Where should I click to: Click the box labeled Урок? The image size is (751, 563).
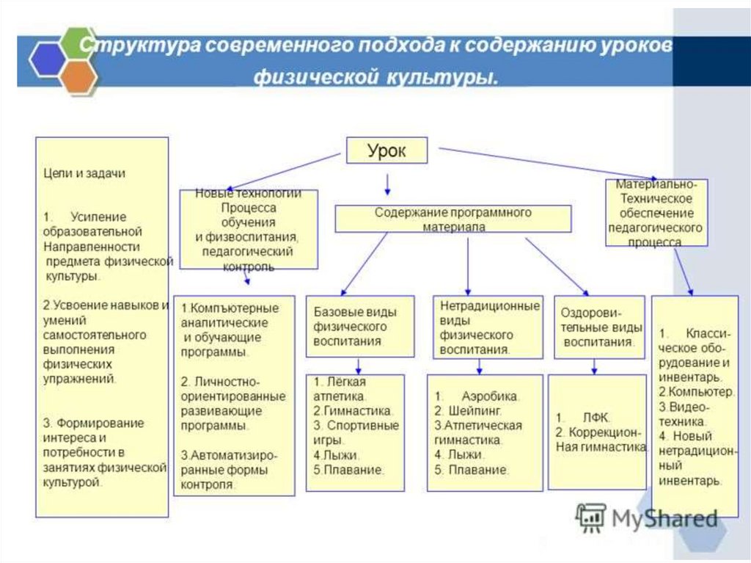[x=387, y=151]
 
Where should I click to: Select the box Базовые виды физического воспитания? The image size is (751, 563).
[x=359, y=323]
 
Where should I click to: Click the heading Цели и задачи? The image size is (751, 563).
[x=84, y=173]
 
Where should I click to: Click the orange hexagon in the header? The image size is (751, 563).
[x=78, y=76]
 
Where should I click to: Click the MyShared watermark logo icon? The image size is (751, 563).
[x=590, y=517]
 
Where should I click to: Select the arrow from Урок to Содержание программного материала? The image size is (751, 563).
[x=387, y=184]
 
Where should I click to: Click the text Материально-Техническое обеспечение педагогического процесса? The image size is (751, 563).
[x=656, y=213]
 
